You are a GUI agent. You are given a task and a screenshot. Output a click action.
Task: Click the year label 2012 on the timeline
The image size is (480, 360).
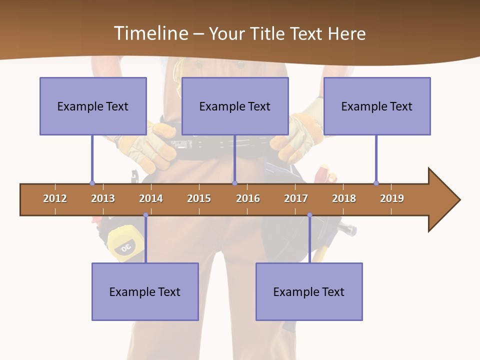coord(55,198)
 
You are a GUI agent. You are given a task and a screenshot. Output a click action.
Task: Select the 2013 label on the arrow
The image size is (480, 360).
coord(103,198)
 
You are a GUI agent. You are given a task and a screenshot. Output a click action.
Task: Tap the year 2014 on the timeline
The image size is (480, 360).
coord(151,198)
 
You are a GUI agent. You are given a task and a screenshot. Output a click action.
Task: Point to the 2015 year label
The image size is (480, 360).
coord(199,198)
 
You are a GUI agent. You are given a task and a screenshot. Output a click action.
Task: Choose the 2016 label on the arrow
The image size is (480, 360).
coord(248,198)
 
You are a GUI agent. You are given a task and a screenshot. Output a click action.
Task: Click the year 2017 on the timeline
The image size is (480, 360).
coord(296,198)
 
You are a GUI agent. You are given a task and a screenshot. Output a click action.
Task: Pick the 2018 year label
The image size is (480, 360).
coord(344,198)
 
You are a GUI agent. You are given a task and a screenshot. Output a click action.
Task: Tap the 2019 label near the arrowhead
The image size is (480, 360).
coord(392,198)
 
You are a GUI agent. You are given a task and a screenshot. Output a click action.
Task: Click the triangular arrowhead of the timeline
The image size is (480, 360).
coord(443,200)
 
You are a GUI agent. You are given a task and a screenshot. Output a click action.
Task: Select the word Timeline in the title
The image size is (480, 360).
coord(150,33)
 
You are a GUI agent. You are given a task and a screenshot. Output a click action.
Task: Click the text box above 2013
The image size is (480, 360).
coord(93,106)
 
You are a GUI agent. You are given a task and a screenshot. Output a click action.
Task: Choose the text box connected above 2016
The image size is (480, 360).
coord(235,106)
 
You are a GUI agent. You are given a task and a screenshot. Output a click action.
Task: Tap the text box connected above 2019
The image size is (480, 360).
coord(377,106)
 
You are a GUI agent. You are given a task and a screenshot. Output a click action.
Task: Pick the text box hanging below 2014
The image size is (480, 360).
coord(145,291)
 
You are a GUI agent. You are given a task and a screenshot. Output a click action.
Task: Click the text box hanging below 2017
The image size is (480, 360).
coord(309,291)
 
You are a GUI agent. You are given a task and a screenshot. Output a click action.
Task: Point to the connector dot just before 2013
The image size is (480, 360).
coord(92,183)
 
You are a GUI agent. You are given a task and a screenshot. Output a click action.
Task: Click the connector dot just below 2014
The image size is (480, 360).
coord(145,215)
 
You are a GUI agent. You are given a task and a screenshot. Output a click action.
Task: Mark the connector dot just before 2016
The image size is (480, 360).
coord(234,183)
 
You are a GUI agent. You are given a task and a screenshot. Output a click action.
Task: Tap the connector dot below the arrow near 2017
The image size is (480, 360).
coord(309,215)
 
